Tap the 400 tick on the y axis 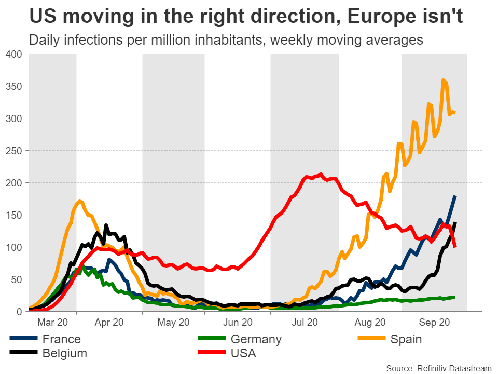click(14, 54)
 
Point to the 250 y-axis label click(14, 151)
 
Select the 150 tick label click(14, 215)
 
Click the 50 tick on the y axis click(17, 279)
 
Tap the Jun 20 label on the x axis click(238, 322)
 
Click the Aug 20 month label click(369, 322)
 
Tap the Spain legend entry click(406, 339)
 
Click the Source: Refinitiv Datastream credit click(438, 368)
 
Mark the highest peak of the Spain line click(442, 80)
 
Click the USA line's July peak click(321, 175)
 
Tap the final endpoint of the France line click(455, 196)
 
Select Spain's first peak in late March click(79, 201)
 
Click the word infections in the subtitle click(96, 40)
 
